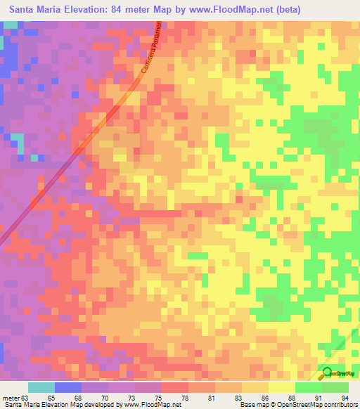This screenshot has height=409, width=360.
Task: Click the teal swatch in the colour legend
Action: click(41, 387)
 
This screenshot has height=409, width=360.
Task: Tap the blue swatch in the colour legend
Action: click(68, 387)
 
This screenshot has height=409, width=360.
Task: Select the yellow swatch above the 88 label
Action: click(281, 387)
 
